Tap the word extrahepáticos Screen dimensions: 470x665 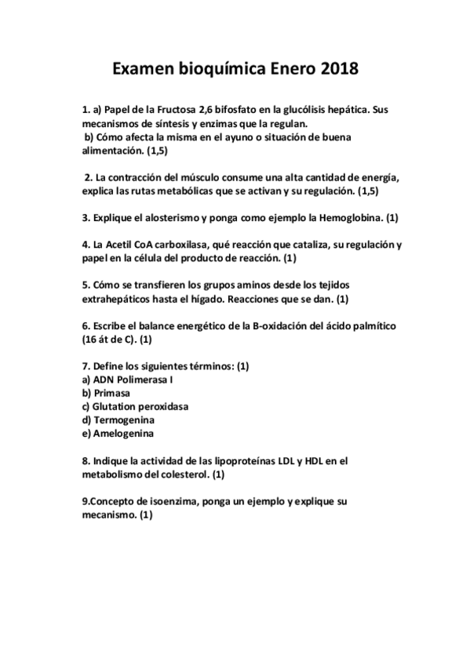point(118,300)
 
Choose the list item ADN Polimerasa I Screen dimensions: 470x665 point(127,380)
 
